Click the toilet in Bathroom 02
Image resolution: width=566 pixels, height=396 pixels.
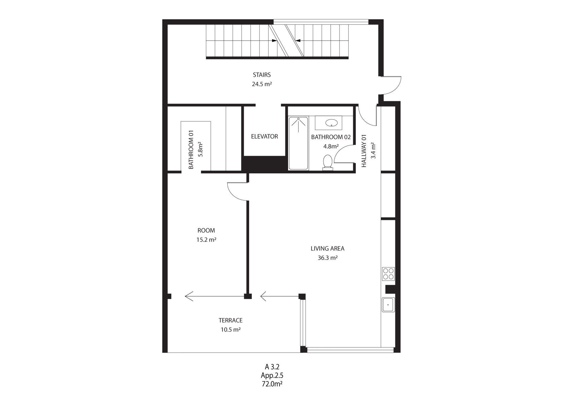pyautogui.click(x=328, y=163)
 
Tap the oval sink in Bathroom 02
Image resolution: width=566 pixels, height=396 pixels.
pyautogui.click(x=332, y=123)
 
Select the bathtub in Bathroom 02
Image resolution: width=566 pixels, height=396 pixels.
pyautogui.click(x=298, y=143)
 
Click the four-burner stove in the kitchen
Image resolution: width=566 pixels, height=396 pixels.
pyautogui.click(x=388, y=274)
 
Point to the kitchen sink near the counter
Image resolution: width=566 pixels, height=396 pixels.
pyautogui.click(x=388, y=305)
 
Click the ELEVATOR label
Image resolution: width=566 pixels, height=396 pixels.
pyautogui.click(x=264, y=137)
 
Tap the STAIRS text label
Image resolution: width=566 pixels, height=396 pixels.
pyautogui.click(x=262, y=75)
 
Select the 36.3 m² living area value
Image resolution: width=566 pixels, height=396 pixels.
pyautogui.click(x=328, y=258)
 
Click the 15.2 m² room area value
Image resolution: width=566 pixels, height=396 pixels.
pyautogui.click(x=206, y=240)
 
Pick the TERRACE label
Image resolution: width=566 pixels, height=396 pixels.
pyautogui.click(x=231, y=320)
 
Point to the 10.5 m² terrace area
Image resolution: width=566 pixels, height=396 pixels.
pyautogui.click(x=231, y=330)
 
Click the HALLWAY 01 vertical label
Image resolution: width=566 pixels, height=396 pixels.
pyautogui.click(x=364, y=151)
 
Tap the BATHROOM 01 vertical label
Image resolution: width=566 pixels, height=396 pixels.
pyautogui.click(x=191, y=150)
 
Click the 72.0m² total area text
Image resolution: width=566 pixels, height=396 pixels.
pyautogui.click(x=272, y=384)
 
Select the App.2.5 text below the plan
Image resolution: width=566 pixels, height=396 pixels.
pyautogui.click(x=272, y=375)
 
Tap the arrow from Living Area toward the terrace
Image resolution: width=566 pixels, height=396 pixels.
pyautogui.click(x=279, y=296)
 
